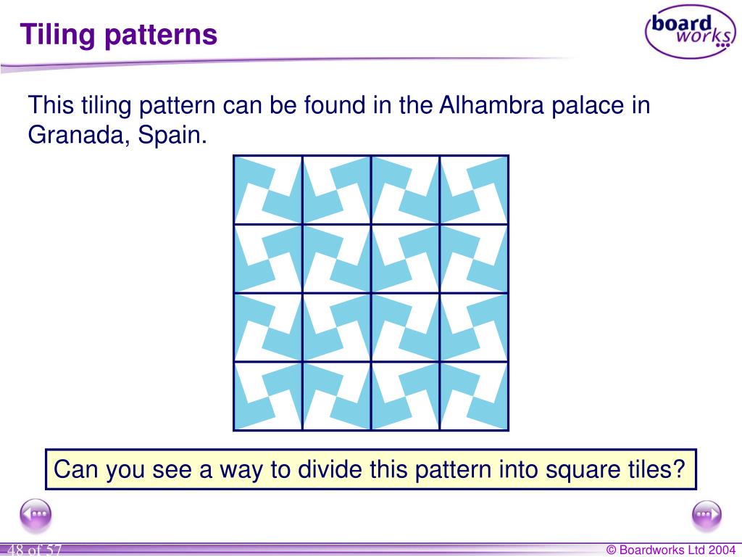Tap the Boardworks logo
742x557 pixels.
[x=689, y=31]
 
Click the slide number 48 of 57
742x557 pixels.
[x=35, y=550]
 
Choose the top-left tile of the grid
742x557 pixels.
[x=267, y=190]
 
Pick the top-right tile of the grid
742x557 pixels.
[x=474, y=190]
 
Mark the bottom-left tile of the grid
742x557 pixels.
[x=267, y=395]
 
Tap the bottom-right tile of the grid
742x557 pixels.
[x=474, y=395]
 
